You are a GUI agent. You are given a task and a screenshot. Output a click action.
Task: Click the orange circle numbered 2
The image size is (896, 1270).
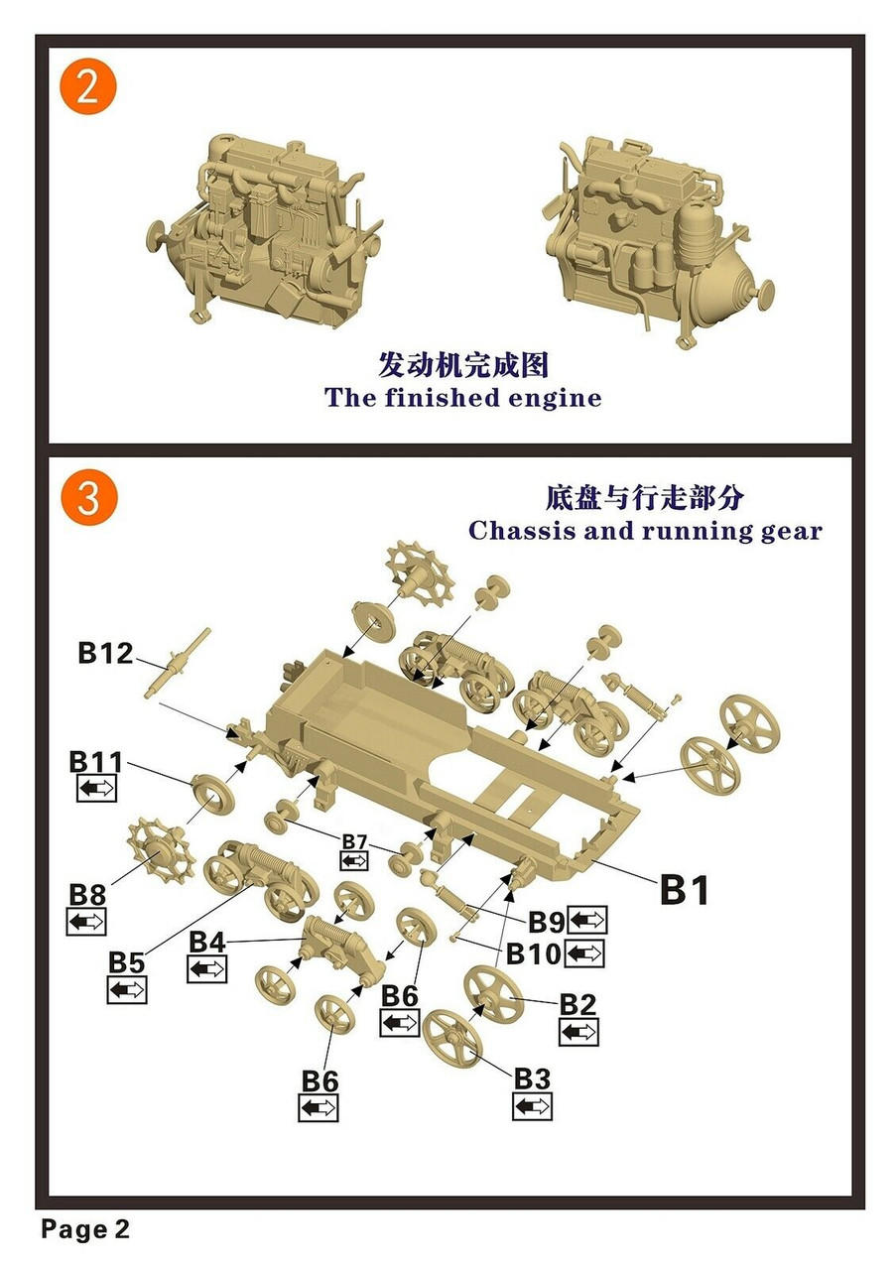[x=87, y=87]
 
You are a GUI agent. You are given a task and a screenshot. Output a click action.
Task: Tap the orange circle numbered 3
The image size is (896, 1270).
[x=87, y=499]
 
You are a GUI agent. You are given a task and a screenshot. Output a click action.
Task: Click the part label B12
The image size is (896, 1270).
[x=104, y=654]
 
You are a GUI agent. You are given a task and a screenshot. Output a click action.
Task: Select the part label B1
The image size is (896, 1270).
[x=685, y=890]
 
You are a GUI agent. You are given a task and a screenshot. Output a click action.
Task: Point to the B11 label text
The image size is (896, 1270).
[x=96, y=762]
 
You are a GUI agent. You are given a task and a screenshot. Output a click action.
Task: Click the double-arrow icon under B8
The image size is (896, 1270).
[x=86, y=922]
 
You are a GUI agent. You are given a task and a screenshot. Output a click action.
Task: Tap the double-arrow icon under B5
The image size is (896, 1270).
[x=127, y=989]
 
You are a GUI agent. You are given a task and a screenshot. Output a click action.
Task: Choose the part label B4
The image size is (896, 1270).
[x=206, y=941]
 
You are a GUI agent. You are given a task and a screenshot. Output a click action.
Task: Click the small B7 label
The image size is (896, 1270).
[x=354, y=842]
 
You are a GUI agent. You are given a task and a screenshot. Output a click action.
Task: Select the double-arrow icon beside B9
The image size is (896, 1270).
[x=586, y=921]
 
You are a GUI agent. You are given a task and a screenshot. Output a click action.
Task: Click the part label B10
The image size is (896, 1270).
[x=534, y=954]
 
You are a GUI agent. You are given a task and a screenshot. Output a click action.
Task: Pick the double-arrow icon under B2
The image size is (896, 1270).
[x=578, y=1032]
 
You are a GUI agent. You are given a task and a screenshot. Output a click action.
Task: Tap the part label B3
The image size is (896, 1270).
[x=532, y=1078]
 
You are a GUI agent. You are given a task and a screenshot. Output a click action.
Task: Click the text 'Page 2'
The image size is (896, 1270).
[x=85, y=1230]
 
